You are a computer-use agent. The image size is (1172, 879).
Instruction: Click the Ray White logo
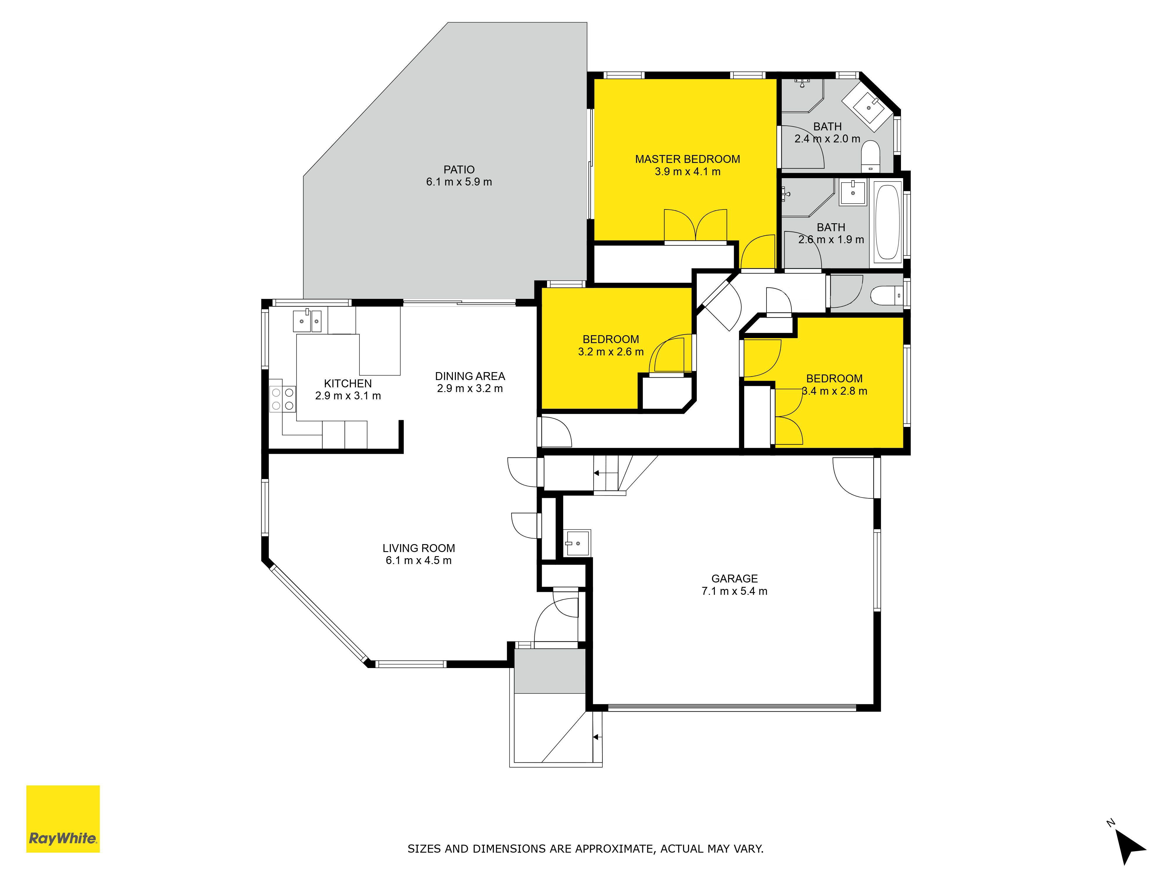[63, 819]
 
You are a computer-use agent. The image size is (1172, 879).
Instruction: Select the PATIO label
[459, 170]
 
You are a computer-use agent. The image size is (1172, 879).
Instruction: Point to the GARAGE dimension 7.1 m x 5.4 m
[734, 591]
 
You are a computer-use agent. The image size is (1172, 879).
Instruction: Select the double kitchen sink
[307, 321]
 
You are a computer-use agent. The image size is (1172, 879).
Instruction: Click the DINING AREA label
[470, 376]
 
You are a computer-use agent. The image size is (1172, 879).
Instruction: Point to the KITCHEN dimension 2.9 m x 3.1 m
[348, 396]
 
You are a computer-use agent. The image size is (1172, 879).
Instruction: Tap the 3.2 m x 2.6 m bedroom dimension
[611, 352]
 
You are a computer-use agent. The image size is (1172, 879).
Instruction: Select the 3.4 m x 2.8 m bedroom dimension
[834, 391]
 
